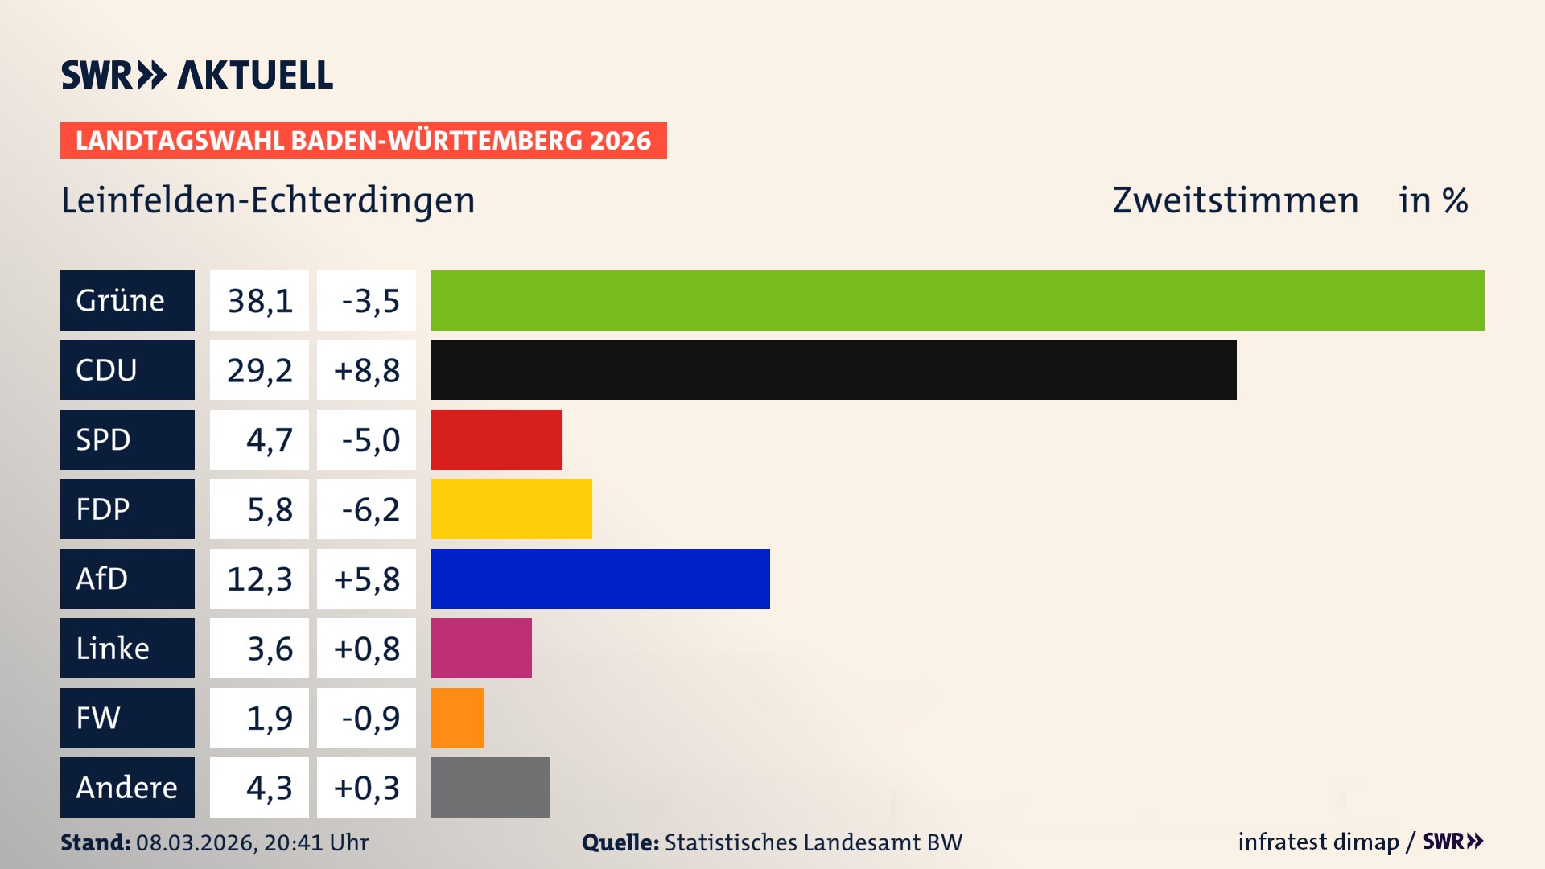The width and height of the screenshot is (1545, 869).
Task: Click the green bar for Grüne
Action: coord(958,300)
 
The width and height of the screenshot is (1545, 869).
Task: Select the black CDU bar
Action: coord(834,370)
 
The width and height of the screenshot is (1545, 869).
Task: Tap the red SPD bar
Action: coord(496,439)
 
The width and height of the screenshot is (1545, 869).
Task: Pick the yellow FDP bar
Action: coord(511,509)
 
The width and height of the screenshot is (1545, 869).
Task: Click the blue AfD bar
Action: coord(600,579)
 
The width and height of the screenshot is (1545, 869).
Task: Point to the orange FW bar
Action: coord(457,718)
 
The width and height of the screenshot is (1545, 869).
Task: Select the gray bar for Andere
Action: coord(490,787)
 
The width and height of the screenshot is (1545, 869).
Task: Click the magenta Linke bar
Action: coord(481,649)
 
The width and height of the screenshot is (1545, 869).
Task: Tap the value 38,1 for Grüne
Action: coord(259,301)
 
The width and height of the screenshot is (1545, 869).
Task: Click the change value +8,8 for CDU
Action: coord(366,370)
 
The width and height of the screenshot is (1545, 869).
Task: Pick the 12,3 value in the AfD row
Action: coord(259,579)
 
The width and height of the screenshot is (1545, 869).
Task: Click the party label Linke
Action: coord(113,649)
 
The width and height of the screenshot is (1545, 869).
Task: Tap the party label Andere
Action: coord(126,787)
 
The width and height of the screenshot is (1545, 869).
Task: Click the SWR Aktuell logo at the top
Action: coord(197,75)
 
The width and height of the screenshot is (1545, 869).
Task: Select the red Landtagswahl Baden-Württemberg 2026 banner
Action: coord(363,141)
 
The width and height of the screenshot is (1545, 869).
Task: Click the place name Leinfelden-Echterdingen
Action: coord(268,200)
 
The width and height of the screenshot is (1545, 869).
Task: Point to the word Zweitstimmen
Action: coord(1235,200)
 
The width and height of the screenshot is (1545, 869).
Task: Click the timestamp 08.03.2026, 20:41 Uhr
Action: coord(252,842)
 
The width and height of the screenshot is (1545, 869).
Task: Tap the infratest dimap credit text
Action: coord(1317,842)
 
